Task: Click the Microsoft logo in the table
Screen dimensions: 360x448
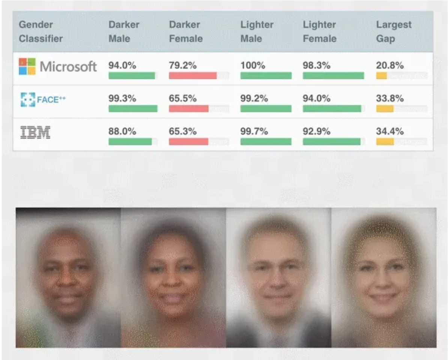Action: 57,66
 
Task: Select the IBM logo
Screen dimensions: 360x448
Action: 35,133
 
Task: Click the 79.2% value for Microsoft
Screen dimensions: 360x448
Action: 183,66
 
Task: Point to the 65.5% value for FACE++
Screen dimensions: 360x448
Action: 183,99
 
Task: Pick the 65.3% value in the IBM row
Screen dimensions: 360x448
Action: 183,132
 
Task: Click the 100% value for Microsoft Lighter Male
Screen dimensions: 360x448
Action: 253,66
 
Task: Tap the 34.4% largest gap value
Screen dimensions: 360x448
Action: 390,132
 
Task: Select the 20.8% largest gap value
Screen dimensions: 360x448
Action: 390,66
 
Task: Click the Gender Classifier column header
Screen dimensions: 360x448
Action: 41,31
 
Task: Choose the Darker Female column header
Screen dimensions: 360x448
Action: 186,31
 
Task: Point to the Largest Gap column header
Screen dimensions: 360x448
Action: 394,31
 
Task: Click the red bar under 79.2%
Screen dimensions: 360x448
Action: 192,76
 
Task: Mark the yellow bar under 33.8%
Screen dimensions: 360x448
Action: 385,109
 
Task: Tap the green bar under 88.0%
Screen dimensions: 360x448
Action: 130,142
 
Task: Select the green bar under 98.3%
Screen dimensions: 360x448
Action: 333,76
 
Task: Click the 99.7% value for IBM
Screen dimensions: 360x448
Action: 254,132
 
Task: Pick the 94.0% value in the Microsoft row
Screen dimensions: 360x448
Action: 122,66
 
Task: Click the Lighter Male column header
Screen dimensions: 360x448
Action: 257,31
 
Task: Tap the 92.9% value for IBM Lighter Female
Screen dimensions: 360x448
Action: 317,132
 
